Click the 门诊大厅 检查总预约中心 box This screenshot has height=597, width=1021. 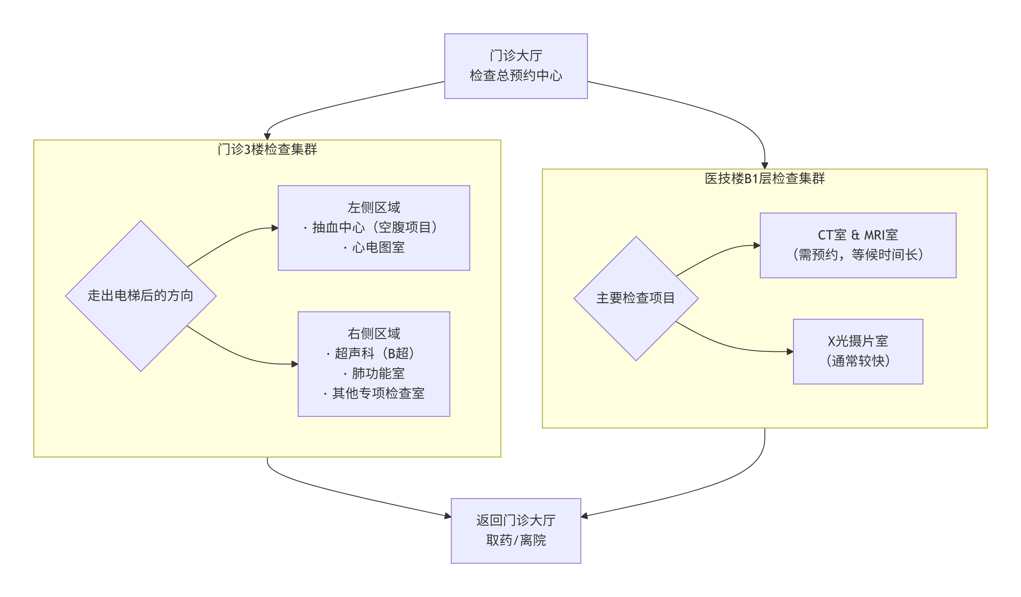tap(516, 66)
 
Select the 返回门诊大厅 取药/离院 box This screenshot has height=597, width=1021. tap(516, 531)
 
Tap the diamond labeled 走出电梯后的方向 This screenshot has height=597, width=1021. tap(141, 296)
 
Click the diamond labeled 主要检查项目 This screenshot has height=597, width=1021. tap(636, 298)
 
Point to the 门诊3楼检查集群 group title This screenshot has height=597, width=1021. tap(267, 149)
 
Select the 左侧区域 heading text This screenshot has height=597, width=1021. tap(374, 207)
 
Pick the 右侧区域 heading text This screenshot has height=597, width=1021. tap(374, 334)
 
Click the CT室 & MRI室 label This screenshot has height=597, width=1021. tap(858, 235)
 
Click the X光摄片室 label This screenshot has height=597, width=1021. tap(858, 341)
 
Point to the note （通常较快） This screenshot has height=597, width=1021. tap(858, 361)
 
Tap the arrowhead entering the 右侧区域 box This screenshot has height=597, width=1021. tap(295, 364)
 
